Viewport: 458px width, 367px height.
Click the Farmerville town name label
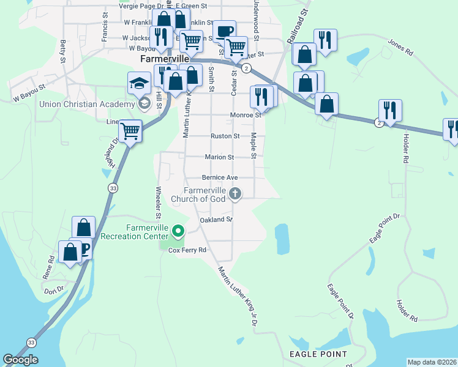click(x=164, y=59)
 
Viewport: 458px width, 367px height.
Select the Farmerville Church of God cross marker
click(x=235, y=195)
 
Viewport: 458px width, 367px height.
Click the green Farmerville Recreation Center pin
click(x=178, y=231)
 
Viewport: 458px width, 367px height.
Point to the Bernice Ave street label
click(x=219, y=177)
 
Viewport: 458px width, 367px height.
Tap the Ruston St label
click(x=225, y=136)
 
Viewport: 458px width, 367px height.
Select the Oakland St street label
click(x=216, y=220)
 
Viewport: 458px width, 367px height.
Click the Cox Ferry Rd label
click(x=187, y=250)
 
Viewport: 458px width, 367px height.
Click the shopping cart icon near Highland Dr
click(x=130, y=130)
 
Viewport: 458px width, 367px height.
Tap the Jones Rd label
click(x=401, y=47)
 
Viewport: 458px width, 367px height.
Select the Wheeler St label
click(x=158, y=202)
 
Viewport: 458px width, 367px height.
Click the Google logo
click(x=20, y=360)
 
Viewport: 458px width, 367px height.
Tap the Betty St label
click(x=62, y=52)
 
